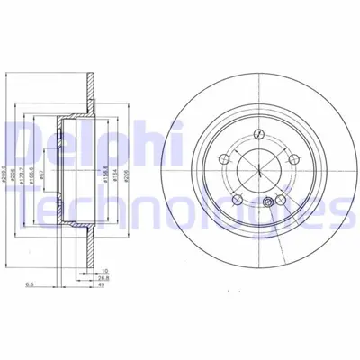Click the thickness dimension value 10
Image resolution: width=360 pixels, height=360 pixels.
point(105,271)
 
